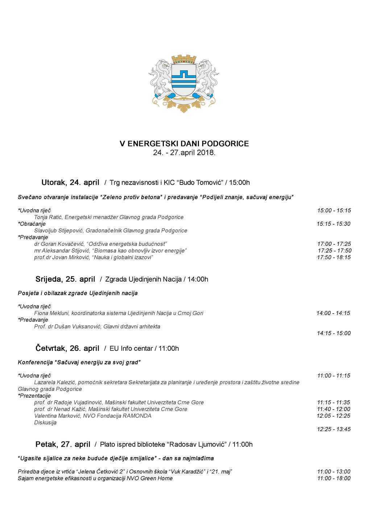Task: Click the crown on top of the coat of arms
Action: pos(184,59)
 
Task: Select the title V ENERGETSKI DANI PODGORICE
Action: pos(184,144)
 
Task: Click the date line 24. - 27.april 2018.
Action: pos(184,153)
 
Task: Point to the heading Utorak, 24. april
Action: pos(70,182)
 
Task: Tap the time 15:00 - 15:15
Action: pos(334,210)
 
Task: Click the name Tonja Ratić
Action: pos(48,217)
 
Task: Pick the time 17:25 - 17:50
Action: pos(334,250)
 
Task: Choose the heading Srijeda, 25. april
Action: pos(65,279)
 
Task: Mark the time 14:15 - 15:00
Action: pos(333,333)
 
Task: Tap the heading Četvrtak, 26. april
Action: pos(67,348)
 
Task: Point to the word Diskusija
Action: pos(45,423)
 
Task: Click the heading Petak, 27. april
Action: pos(63,444)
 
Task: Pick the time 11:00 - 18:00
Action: pos(333,478)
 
